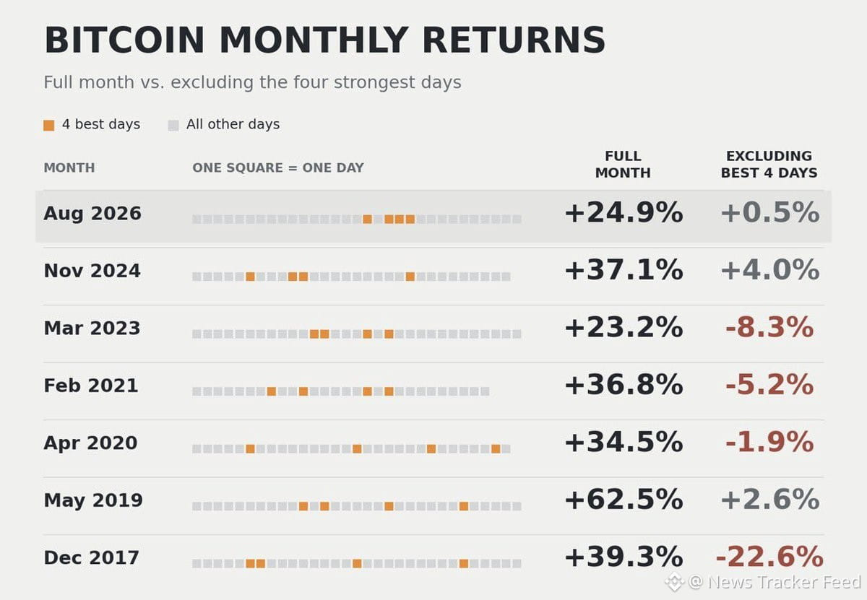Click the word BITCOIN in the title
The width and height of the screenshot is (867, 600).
[x=124, y=40]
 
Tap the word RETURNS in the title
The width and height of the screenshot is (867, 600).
[x=514, y=40]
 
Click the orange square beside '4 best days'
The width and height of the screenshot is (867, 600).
[x=49, y=126]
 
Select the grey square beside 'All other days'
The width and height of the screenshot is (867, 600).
[x=173, y=126]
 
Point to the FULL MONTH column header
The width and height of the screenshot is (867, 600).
[x=623, y=165]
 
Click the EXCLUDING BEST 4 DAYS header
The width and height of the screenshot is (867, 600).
[x=769, y=165]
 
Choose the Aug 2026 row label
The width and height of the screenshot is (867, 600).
[x=92, y=214]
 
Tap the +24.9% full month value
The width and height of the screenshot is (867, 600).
[x=624, y=212]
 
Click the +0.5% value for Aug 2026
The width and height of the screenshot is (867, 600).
[x=770, y=212]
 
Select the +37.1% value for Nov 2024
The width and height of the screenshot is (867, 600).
[x=624, y=269]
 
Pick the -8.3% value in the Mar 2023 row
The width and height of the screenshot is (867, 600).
[x=769, y=327]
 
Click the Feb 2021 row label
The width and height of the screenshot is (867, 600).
[x=91, y=386]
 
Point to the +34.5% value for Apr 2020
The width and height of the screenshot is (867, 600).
[x=624, y=442]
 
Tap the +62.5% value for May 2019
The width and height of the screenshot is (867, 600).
[x=624, y=500]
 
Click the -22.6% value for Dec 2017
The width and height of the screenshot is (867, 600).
[x=769, y=557]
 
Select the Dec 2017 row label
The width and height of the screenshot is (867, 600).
[x=91, y=558]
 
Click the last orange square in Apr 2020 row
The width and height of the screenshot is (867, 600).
[x=496, y=449]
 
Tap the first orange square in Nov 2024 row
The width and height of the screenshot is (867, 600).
[x=250, y=277]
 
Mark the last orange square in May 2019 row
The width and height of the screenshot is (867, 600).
[x=463, y=506]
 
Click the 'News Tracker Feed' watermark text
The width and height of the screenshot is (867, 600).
[x=784, y=582]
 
